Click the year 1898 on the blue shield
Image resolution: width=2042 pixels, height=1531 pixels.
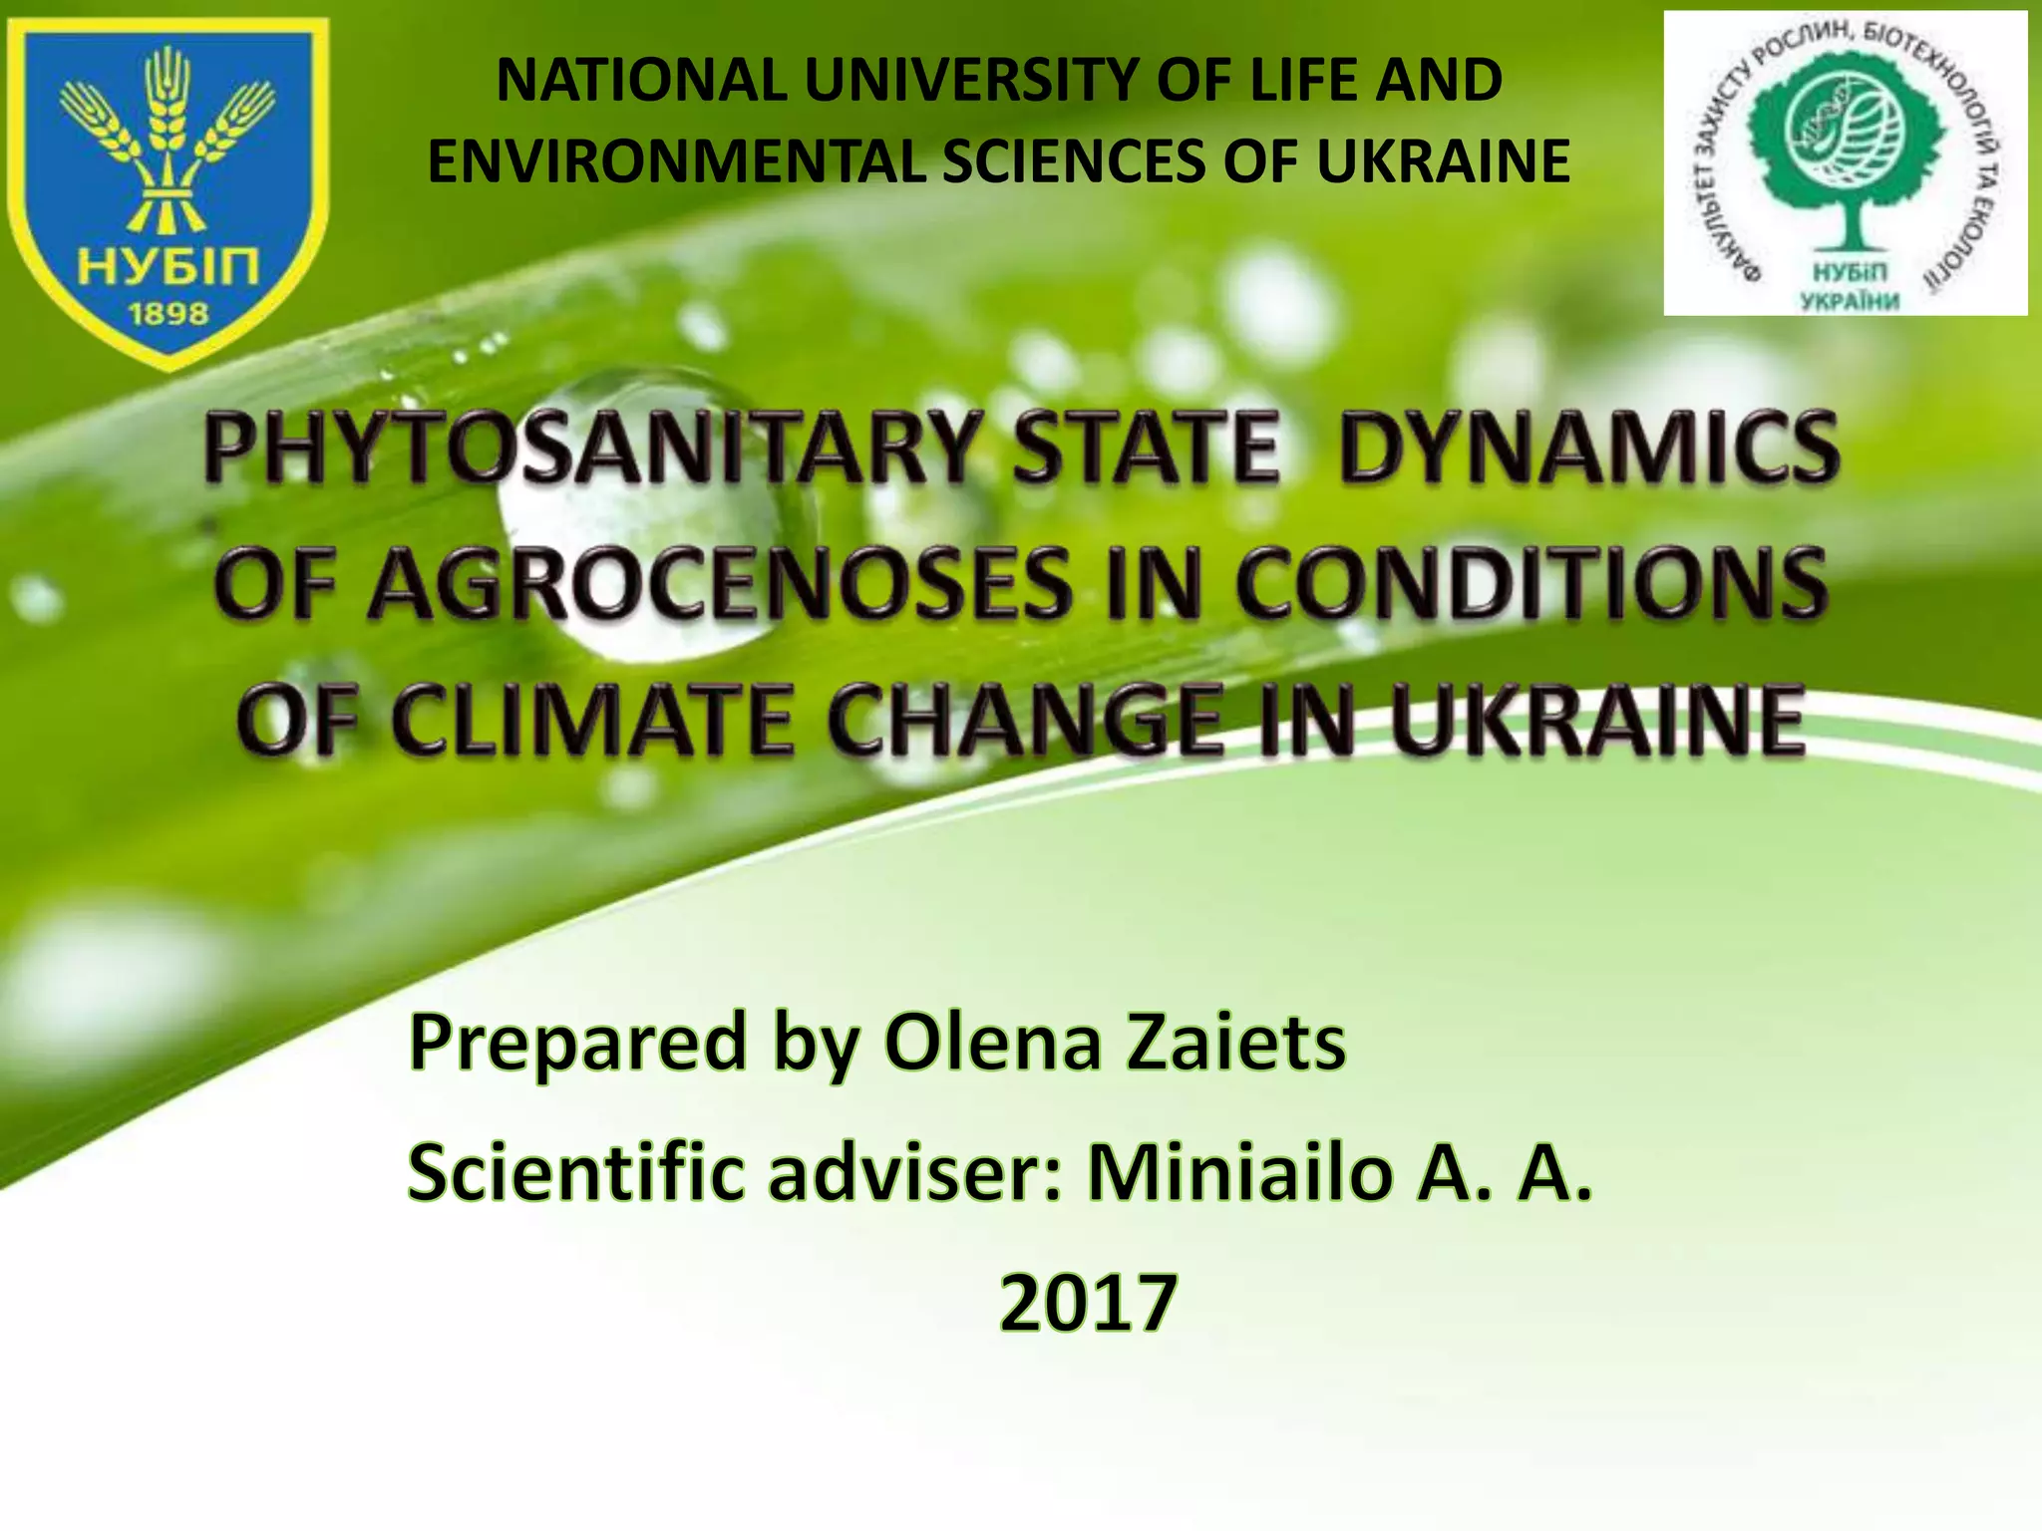169,314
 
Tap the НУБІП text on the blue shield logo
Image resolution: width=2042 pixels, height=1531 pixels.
169,266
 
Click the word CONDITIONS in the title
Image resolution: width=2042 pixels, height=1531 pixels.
1531,585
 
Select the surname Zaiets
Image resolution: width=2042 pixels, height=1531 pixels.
1235,1043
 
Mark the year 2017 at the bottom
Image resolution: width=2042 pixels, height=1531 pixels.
1088,1302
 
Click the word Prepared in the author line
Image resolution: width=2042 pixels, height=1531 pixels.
577,1043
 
